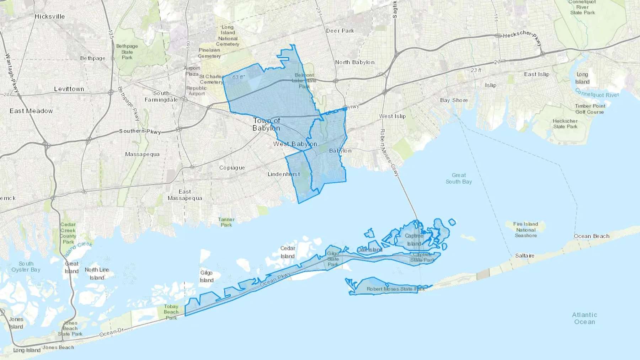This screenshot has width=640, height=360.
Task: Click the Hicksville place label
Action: click(x=50, y=16)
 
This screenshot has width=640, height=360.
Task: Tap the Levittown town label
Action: click(x=69, y=89)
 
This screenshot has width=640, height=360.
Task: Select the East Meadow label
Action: click(x=31, y=111)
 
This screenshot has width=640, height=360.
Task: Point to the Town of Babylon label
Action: click(x=266, y=124)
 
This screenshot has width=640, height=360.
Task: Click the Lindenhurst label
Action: click(x=284, y=174)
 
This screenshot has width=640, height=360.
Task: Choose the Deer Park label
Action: click(x=340, y=31)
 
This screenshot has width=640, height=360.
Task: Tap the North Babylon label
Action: click(x=354, y=62)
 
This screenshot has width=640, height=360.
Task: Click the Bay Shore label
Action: click(x=454, y=100)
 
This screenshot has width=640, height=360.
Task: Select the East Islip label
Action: click(x=537, y=74)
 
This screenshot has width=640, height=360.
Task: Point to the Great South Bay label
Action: click(x=459, y=178)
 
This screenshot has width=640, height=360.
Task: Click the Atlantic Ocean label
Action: click(x=585, y=318)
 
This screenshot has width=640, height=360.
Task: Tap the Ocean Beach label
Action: click(x=591, y=236)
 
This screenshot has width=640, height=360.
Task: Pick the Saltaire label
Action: click(x=524, y=256)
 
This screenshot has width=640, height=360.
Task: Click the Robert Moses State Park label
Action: click(x=395, y=289)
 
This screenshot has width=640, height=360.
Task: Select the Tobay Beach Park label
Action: click(x=171, y=312)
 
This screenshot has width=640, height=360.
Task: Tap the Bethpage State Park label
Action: click(x=127, y=52)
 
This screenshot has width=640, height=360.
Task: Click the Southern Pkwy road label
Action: click(x=140, y=131)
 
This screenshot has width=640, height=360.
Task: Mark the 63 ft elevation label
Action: click(x=238, y=77)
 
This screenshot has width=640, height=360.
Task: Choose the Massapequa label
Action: click(x=142, y=154)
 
